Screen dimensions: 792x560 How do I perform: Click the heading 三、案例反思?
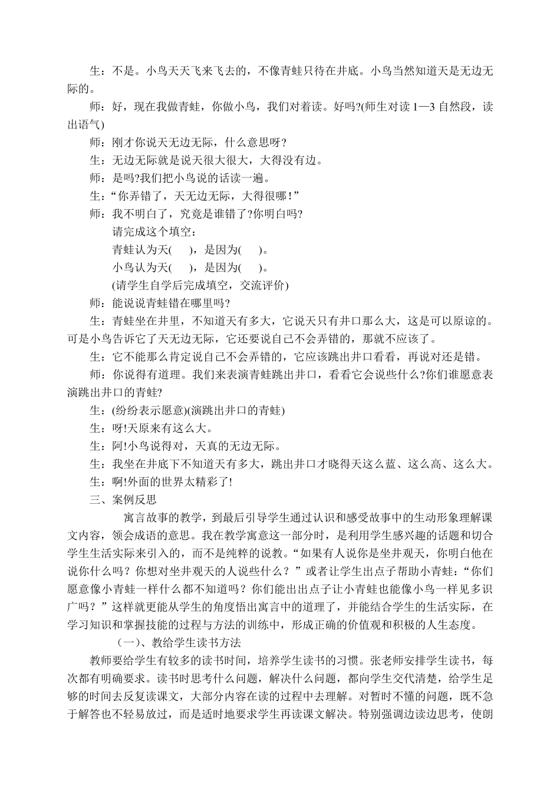[x=123, y=499]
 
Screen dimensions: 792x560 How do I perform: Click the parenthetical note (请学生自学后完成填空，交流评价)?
[x=200, y=285]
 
